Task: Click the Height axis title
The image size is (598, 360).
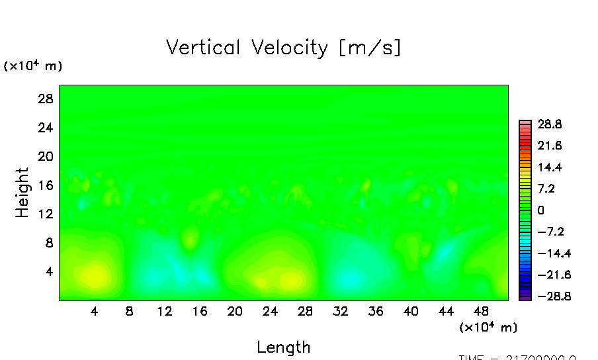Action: (x=22, y=193)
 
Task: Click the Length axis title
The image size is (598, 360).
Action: (x=283, y=347)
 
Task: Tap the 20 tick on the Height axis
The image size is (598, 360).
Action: (x=44, y=156)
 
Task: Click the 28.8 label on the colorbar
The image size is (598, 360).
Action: (x=550, y=124)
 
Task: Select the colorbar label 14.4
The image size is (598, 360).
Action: (x=550, y=167)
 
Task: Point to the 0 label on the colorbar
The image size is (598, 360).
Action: (x=540, y=210)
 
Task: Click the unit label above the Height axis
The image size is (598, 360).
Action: (x=33, y=66)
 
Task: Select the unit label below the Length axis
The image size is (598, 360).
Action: (x=488, y=327)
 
